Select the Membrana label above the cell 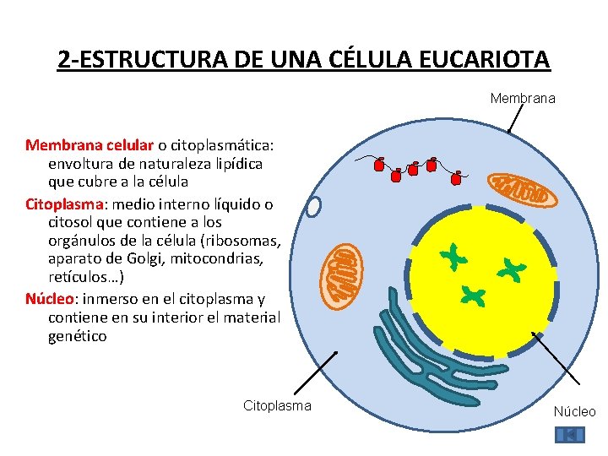point(523,99)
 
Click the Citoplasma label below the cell point(277,406)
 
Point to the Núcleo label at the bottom point(574,412)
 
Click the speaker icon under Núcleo point(569,435)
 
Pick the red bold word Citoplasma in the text point(64,204)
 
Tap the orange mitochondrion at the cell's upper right point(524,190)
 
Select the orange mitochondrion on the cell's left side point(345,273)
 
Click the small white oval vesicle point(314,207)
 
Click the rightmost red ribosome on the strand point(457,178)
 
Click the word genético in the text point(78,336)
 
